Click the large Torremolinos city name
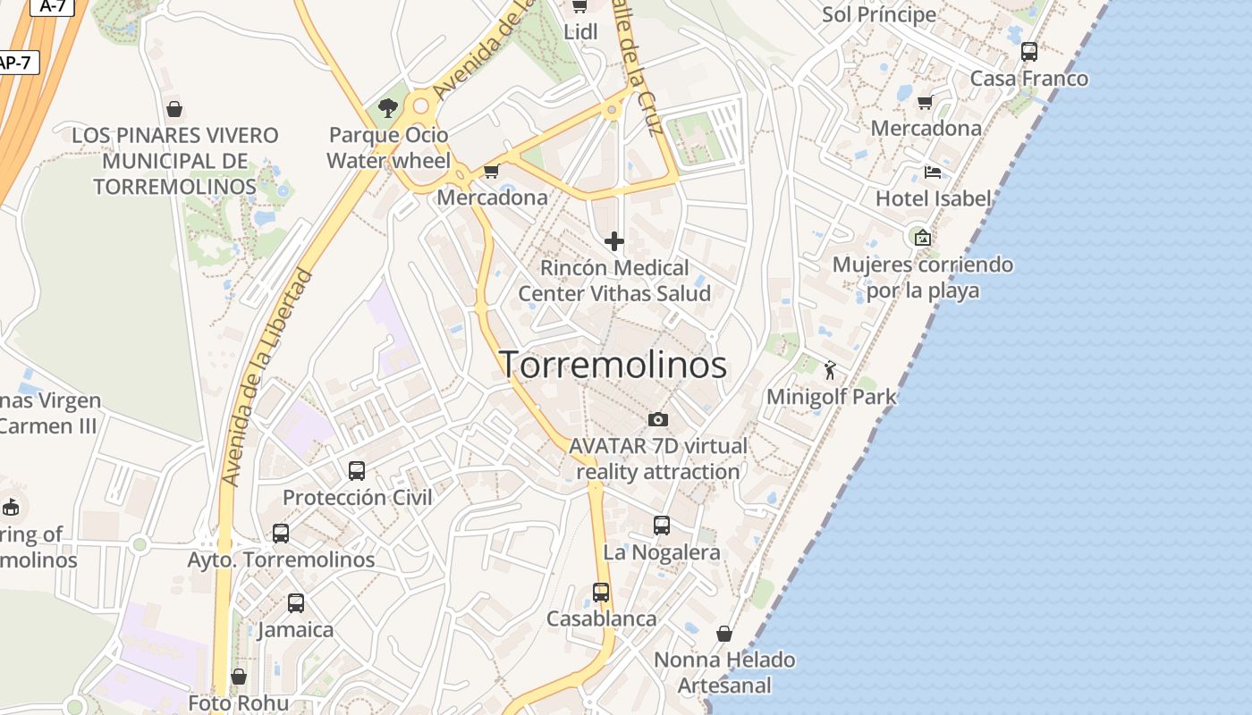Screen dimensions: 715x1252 coord(613,365)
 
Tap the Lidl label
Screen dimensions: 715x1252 coord(580,31)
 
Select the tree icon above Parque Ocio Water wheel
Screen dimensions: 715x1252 coord(388,108)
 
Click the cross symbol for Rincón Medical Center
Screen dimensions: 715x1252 coord(614,240)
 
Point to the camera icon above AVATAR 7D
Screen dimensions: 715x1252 coord(657,419)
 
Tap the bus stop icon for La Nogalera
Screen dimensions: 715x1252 coord(662,526)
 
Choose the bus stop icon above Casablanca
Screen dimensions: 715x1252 coord(601,592)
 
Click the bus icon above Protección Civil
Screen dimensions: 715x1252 coord(357,470)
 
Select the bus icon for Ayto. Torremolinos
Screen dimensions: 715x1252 coord(281,534)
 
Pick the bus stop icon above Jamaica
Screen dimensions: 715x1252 coord(296,603)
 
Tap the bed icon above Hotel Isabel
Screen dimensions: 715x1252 coord(933,172)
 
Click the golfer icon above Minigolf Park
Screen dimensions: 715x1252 coord(830,370)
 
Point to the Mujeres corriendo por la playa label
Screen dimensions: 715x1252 coord(923,277)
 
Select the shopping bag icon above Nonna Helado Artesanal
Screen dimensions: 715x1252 coord(724,634)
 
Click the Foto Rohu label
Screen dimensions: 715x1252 coord(239,703)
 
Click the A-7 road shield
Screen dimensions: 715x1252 coord(53,5)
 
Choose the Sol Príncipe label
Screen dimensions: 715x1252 coord(879,14)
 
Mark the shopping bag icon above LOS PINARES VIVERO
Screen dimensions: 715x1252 coord(174,109)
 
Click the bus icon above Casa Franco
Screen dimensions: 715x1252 coord(1029,52)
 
